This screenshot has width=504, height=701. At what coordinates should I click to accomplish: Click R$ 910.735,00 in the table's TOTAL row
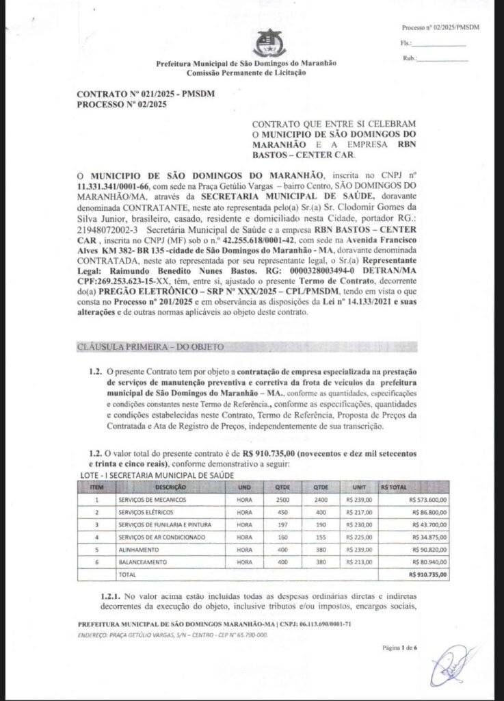[x=427, y=574]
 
